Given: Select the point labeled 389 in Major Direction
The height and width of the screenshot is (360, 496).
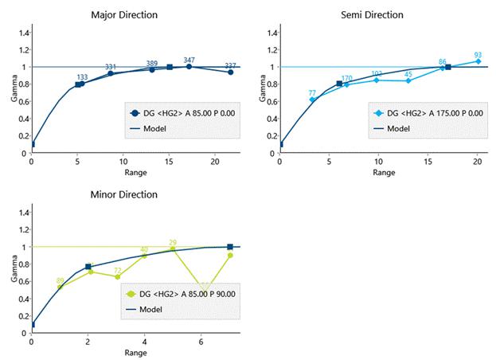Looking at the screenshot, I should (x=152, y=69).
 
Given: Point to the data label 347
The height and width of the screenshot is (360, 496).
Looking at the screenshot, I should (x=189, y=61).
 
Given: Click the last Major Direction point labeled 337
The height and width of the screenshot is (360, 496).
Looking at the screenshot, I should (x=230, y=72).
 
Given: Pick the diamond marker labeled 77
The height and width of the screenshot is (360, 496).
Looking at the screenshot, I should (x=313, y=100).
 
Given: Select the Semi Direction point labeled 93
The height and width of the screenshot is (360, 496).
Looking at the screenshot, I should (x=478, y=61).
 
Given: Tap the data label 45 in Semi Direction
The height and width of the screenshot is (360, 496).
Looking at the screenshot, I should (x=408, y=80).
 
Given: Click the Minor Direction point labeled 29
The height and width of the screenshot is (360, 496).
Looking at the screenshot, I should (x=172, y=249).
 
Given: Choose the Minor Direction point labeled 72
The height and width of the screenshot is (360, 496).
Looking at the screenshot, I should (x=117, y=276).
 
